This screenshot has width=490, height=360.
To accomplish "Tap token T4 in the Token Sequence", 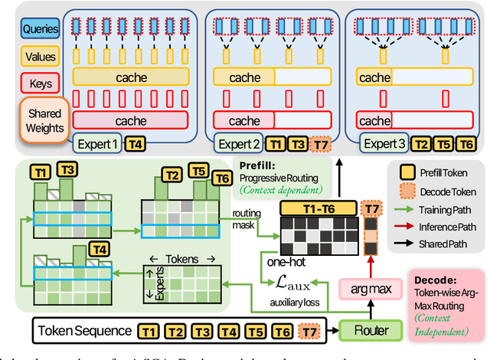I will [227, 332].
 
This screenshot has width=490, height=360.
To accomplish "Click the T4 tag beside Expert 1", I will [135, 143].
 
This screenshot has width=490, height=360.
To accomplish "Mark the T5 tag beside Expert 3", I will [442, 144].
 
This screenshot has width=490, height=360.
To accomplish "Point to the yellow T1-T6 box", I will [318, 209].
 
